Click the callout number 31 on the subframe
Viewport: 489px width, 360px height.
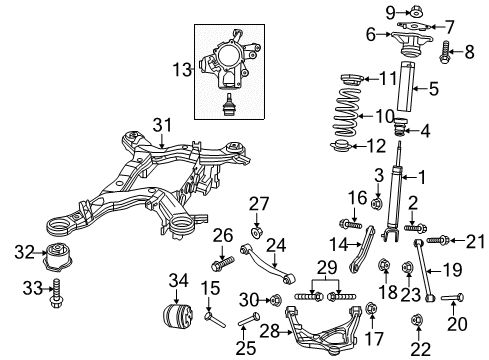(x=162, y=123)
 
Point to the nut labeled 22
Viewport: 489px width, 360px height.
(x=417, y=348)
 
